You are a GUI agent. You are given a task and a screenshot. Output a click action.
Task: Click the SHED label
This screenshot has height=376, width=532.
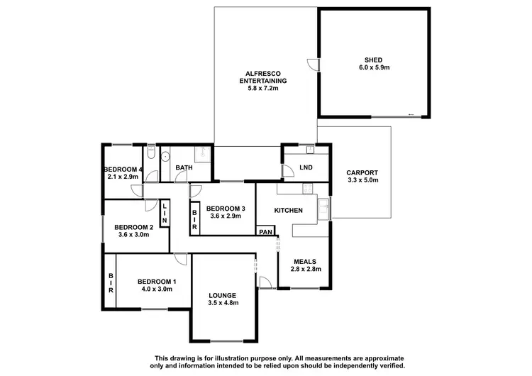point(375,60)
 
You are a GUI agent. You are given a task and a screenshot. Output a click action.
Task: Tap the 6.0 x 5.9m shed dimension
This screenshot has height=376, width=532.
point(375,68)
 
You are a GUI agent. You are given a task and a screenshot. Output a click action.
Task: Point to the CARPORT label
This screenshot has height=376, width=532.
point(362,172)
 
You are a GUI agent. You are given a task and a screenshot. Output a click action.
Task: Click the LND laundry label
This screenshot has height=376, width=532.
point(306,167)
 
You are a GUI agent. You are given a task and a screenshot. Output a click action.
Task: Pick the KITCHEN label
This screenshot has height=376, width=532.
point(289,211)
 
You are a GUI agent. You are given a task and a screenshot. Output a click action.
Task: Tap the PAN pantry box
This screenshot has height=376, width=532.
point(266,232)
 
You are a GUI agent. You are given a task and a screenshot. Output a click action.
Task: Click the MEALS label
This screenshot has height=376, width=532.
point(306,260)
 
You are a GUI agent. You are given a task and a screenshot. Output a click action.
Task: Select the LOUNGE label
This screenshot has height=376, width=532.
point(223,294)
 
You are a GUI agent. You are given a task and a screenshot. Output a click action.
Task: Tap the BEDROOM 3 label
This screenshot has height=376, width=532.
point(226,209)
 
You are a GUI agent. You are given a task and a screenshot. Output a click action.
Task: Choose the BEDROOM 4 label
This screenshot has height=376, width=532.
point(123,169)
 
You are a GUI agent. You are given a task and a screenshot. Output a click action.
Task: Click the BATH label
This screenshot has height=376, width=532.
point(184,168)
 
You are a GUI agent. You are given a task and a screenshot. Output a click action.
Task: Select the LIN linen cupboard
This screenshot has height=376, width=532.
point(164,214)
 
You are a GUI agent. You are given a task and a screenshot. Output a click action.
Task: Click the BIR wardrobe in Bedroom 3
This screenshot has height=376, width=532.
point(195,220)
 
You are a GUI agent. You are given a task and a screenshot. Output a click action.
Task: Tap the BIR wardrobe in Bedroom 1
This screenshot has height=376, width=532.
point(111,282)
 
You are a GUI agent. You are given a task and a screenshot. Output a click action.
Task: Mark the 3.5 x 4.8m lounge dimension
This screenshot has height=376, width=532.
point(223,303)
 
